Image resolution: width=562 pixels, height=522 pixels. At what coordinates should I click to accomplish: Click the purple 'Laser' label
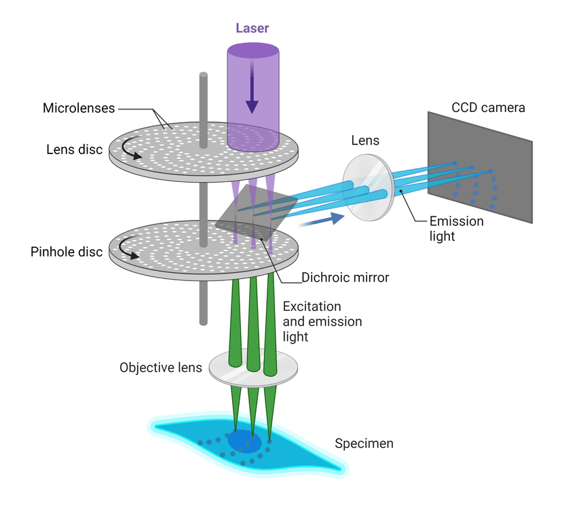pos(252,29)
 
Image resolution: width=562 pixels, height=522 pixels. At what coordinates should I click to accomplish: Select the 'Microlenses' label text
pos(79,108)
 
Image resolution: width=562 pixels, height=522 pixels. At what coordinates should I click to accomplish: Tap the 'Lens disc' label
pos(75,149)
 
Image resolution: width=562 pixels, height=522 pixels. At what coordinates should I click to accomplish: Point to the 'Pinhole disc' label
pos(67,252)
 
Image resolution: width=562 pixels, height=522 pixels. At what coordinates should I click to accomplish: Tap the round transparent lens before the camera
pos(368,187)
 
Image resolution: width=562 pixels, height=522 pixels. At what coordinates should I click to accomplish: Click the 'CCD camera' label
pos(488,108)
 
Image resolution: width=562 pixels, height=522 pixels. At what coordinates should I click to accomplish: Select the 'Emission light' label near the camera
pos(457,228)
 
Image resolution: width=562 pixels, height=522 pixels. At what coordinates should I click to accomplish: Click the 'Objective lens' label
pos(161,368)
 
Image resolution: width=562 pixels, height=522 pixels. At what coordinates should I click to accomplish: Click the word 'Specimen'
pos(364,444)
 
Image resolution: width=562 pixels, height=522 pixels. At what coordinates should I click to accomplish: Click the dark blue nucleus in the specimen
pos(244,442)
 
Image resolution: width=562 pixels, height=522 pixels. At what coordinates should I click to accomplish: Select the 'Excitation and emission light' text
pos(322,321)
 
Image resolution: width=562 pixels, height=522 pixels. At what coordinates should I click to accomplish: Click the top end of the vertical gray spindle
pos(202,76)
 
